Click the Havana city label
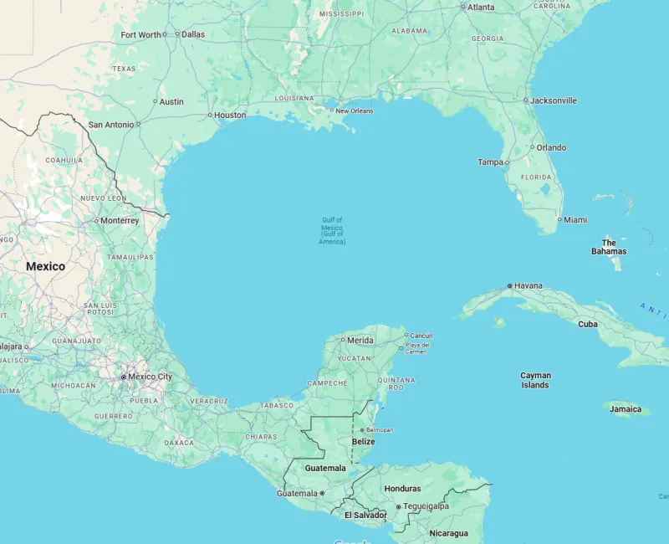coord(528,285)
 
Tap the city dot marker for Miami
coord(559,220)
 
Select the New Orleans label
coord(355,110)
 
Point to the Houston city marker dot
coord(210,115)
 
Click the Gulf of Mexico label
coord(332,230)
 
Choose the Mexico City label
coord(151,377)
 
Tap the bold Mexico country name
coord(45,266)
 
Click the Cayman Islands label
coord(535,381)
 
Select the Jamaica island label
coord(626,409)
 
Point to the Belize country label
coord(363,441)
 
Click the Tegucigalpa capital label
coord(426,506)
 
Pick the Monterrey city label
coord(120,221)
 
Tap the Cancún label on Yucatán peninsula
coord(421,336)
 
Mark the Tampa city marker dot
coord(506,162)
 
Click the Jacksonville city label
coord(554,100)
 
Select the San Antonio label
coord(111,125)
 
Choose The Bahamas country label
coord(609,247)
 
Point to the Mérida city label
coord(360,340)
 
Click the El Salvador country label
coord(365,515)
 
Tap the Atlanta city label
coord(481,7)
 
